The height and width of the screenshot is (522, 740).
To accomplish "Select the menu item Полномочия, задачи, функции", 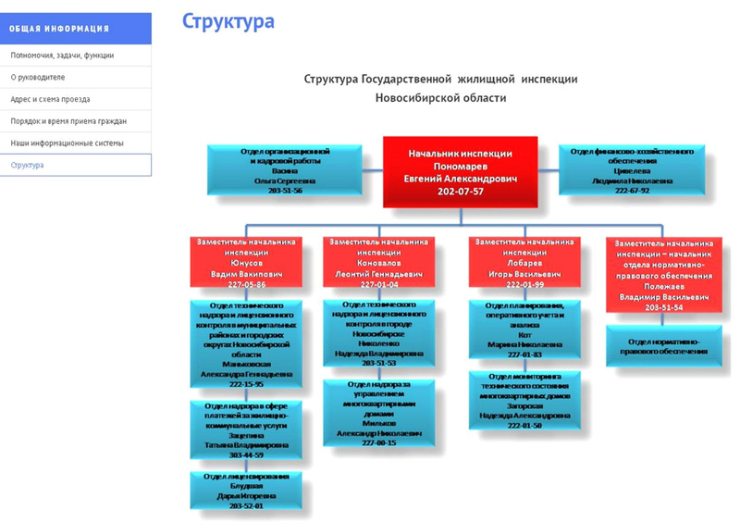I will point(62,56).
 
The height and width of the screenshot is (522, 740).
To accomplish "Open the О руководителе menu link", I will point(38,78).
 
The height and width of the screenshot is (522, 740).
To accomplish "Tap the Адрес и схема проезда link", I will point(50,99).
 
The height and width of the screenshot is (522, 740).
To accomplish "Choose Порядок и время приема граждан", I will point(68,121).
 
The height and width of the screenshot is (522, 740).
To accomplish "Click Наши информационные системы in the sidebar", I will point(67,143).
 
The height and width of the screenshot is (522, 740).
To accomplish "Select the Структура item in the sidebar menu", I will point(28,165).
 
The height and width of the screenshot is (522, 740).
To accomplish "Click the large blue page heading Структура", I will point(228,21).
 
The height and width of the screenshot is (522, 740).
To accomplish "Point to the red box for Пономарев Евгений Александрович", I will point(460,171).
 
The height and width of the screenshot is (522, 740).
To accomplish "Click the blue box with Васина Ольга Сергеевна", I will point(284,168).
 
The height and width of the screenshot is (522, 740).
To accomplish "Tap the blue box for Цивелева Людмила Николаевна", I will point(631,168).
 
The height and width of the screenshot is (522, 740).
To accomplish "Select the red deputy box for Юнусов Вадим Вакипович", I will point(246,263).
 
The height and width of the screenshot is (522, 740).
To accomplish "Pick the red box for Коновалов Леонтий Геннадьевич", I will point(378,262).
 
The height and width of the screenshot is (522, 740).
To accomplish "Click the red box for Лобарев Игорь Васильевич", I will point(524,263).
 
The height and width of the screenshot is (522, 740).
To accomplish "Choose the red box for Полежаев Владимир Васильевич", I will point(665,274).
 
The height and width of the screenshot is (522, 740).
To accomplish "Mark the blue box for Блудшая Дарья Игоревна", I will point(246,491).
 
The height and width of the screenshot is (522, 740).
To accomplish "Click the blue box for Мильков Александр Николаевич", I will point(378,413).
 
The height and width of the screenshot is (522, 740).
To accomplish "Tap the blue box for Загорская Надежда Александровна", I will point(524,400).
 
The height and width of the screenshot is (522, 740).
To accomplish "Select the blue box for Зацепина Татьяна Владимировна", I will point(246,429).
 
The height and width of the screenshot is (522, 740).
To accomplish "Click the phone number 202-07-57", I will point(460,191).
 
